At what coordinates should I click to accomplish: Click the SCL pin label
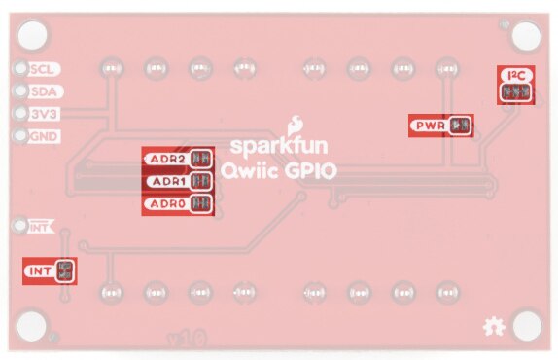coord(43,69)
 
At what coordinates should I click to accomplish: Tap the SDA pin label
coord(43,91)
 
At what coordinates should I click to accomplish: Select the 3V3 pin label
coord(43,113)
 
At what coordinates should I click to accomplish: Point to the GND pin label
coord(43,135)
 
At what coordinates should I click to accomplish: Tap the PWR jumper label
coord(429,126)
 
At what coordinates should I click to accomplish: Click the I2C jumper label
coord(514,75)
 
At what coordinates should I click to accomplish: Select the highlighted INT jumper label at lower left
coord(40,270)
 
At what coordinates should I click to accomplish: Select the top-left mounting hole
coord(32,34)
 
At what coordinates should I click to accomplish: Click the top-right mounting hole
coord(528,34)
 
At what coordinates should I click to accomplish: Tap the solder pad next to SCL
coord(20,69)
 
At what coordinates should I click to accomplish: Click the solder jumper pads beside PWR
coord(461,126)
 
